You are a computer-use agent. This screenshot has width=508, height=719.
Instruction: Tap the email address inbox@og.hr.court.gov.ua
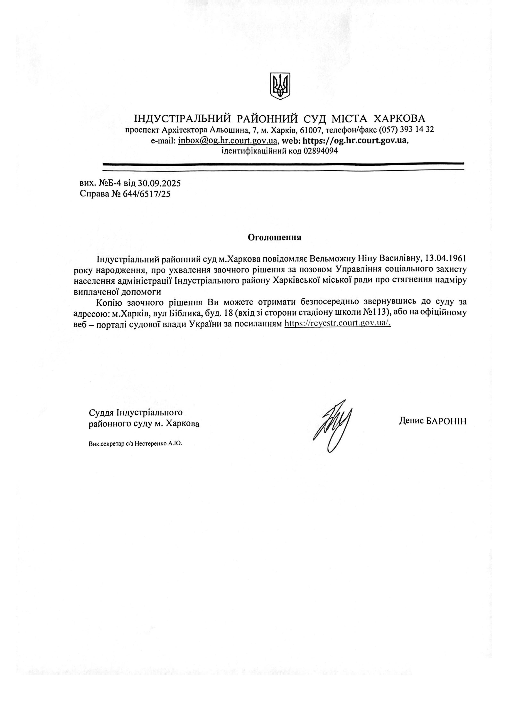228,141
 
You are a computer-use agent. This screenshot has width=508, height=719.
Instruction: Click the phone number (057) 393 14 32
406,130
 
